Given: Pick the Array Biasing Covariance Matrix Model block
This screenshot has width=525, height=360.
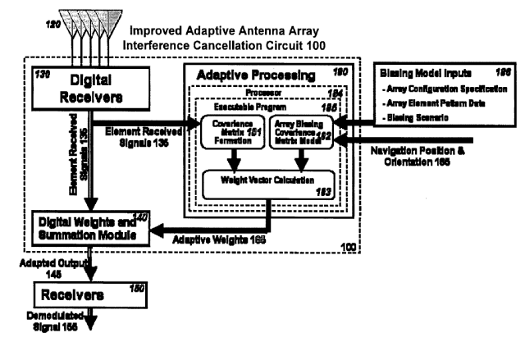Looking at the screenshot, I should tap(300, 129).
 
